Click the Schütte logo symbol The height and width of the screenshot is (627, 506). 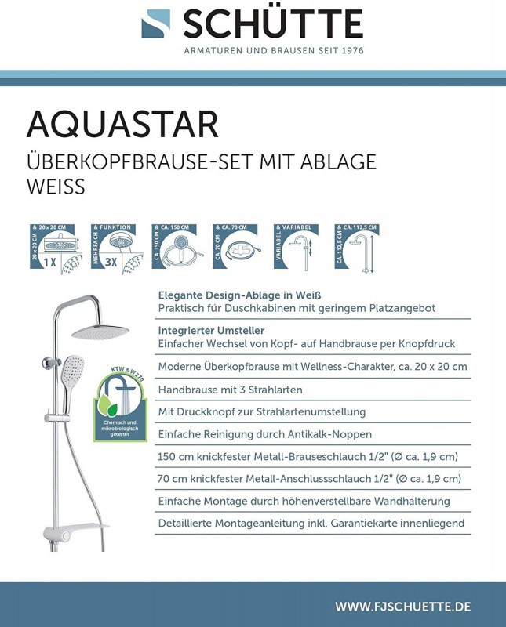pos(155,24)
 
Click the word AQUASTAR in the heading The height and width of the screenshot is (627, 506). pos(122,125)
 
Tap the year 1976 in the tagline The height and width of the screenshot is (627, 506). pos(349,50)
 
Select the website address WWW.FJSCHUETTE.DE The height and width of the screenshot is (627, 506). pos(402,607)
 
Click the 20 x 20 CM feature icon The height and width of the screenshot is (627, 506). pos(56,247)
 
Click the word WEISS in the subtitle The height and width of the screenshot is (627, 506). pos(56,187)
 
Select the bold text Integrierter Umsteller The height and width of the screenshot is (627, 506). pos(211,330)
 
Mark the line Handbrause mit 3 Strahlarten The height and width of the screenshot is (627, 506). pos(230,390)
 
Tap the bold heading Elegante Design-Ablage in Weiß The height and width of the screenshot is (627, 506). pos(240,295)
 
